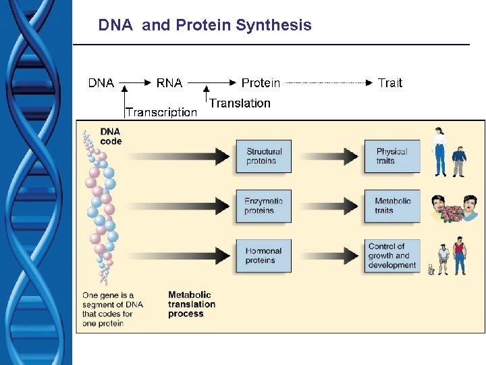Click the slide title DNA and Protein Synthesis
click(x=205, y=26)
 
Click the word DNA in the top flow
click(x=101, y=83)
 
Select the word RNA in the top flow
click(x=169, y=83)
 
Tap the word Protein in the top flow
click(x=261, y=83)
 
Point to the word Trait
click(x=389, y=83)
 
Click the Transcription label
click(x=161, y=112)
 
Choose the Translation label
click(x=240, y=103)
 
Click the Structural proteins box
click(x=263, y=156)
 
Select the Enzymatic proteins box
click(x=263, y=205)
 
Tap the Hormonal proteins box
click(x=263, y=255)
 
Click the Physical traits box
click(x=392, y=156)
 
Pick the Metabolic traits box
click(x=392, y=205)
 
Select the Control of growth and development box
click(x=392, y=255)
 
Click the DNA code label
click(x=111, y=136)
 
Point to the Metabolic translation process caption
click(x=192, y=304)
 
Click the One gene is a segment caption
click(x=108, y=309)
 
